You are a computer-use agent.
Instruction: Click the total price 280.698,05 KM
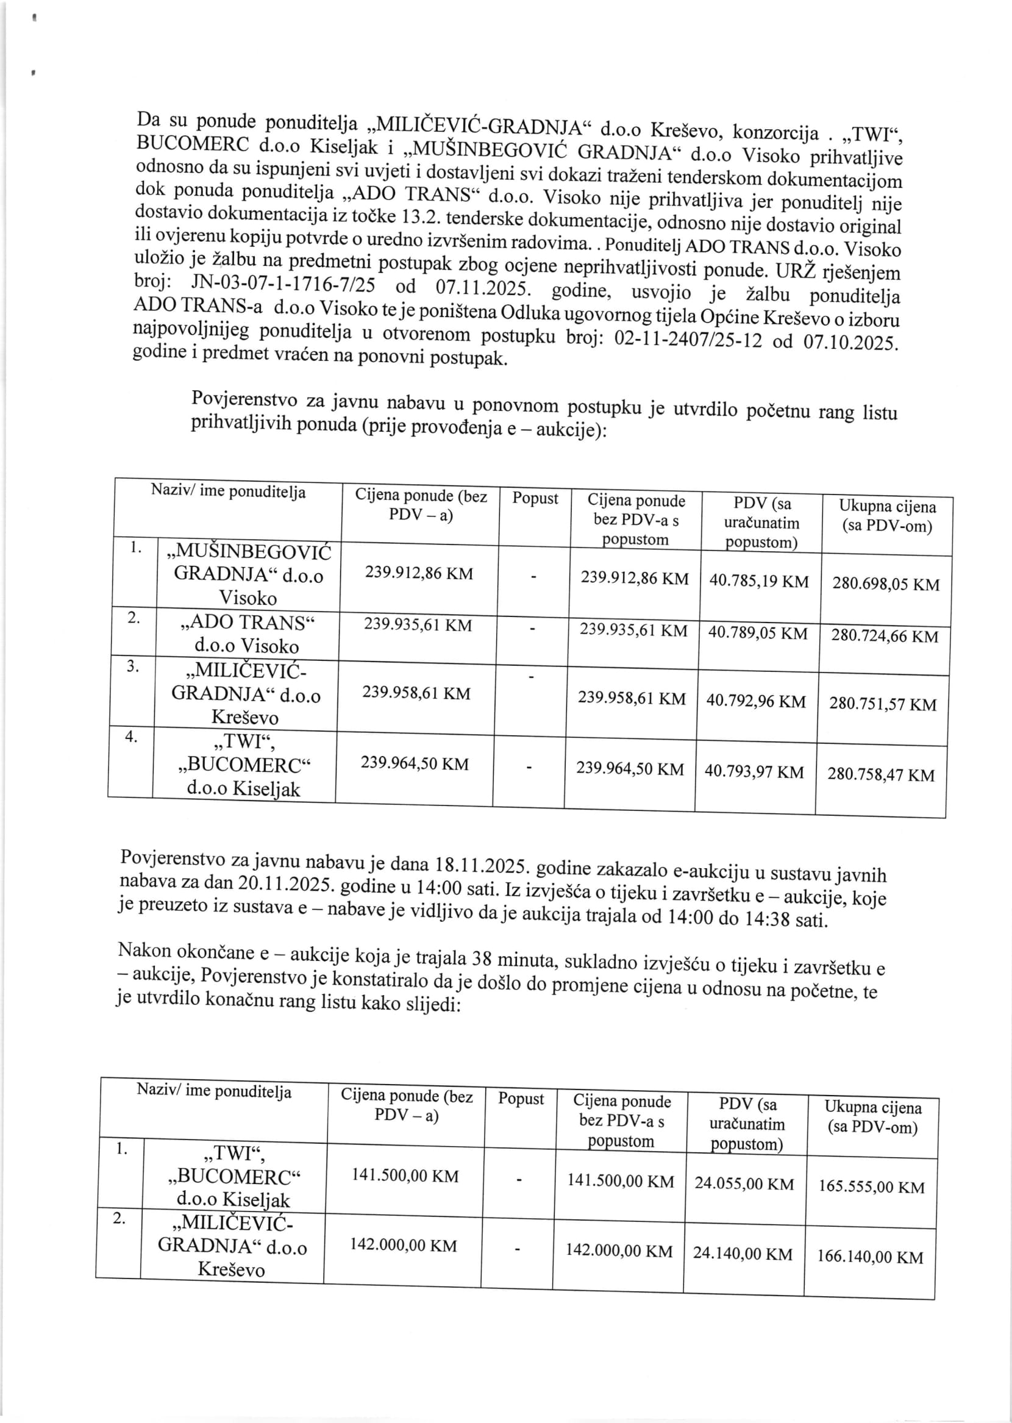coord(885,584)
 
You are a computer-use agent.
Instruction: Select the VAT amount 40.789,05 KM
coord(757,633)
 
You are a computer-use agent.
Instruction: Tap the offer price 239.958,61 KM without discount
coord(416,693)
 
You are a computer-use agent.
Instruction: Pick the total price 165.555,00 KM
coord(871,1186)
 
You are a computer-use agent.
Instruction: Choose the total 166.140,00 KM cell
coord(870,1257)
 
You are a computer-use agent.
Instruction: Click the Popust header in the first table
coord(535,499)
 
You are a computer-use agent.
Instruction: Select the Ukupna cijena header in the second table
coord(872,1117)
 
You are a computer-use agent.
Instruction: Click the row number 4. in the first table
coord(131,737)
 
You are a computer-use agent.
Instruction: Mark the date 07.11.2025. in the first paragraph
coord(483,288)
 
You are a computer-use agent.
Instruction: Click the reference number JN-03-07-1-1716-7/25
coord(283,284)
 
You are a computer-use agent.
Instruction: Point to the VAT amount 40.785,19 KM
coord(758,581)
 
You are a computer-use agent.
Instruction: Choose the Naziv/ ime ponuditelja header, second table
coord(214,1091)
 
